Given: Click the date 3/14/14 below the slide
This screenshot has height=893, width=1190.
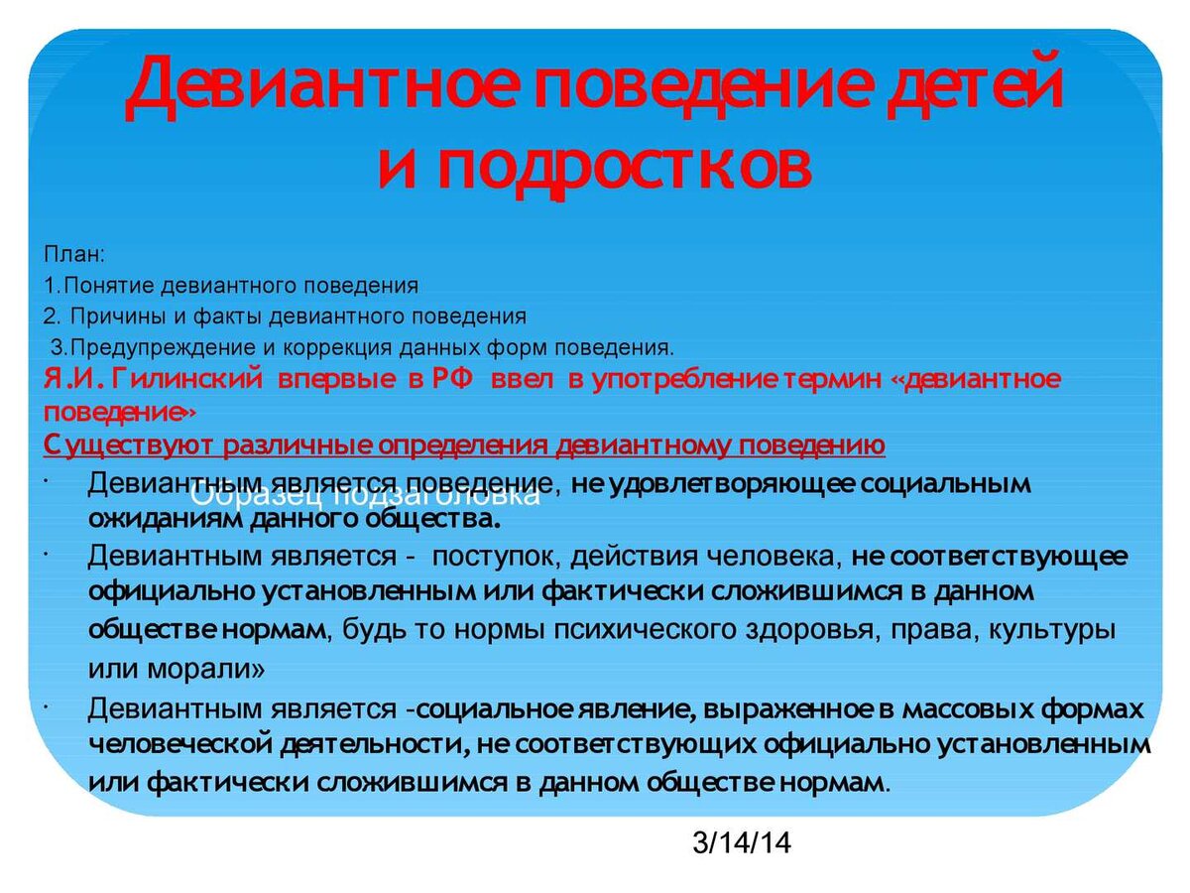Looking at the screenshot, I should [743, 843].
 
